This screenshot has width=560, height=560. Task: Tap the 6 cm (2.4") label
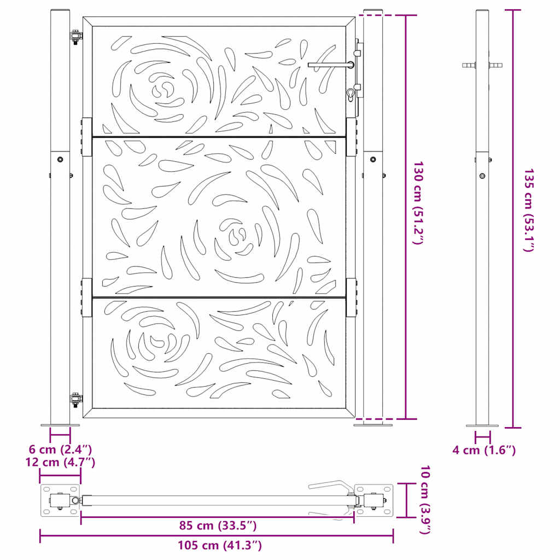(x=60, y=450)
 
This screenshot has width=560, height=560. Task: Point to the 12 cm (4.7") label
(x=60, y=462)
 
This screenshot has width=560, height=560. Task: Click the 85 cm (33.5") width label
(x=218, y=526)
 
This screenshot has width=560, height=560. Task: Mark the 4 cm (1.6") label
(x=484, y=450)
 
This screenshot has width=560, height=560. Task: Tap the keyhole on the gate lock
(x=351, y=95)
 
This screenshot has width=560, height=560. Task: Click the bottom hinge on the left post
(x=75, y=398)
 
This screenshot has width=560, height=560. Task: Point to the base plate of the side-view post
(x=482, y=425)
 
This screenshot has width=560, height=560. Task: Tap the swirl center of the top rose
(x=164, y=89)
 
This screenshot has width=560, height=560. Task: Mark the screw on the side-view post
(x=482, y=176)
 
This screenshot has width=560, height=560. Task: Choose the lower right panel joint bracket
(x=351, y=298)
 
